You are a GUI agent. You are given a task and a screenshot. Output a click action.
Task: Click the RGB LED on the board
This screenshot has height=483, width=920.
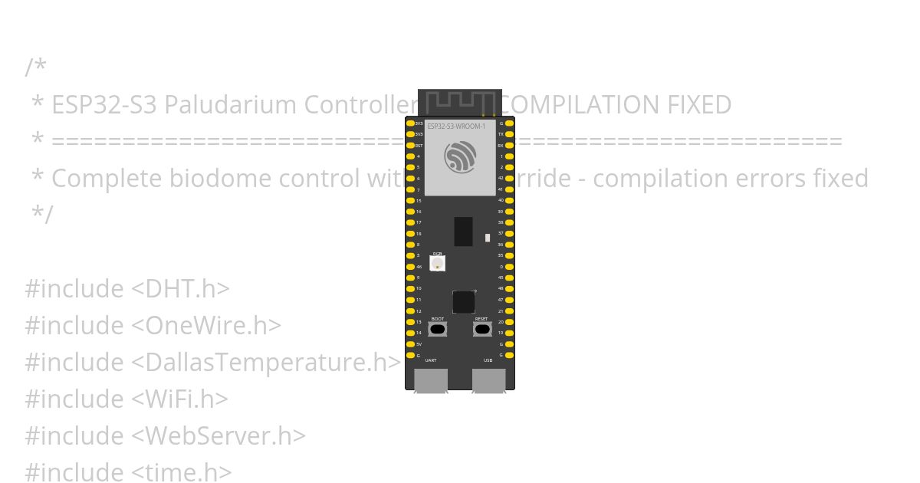tap(437, 263)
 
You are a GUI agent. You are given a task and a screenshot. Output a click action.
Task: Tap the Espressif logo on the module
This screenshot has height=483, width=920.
tap(460, 157)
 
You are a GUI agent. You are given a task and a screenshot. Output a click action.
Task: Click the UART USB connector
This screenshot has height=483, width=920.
tap(431, 380)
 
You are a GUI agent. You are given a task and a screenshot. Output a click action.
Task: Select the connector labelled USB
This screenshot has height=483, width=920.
tap(488, 380)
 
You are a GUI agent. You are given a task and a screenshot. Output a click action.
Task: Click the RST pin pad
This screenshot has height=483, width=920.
tap(410, 145)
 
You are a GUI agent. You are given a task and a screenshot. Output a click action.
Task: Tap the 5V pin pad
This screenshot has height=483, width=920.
tap(410, 344)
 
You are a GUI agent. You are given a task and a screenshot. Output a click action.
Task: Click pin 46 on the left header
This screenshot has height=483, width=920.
tap(410, 266)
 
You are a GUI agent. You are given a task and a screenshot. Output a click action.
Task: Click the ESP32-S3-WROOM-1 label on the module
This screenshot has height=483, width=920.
tap(456, 126)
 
